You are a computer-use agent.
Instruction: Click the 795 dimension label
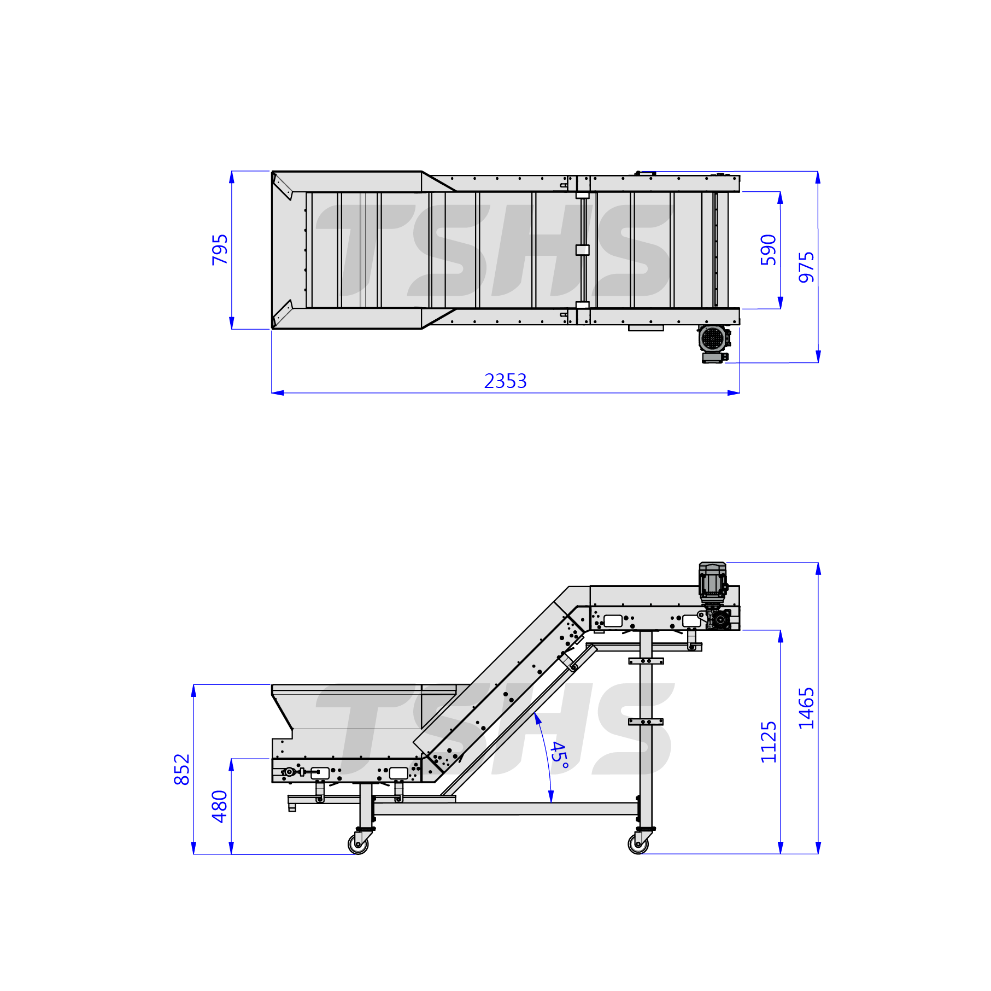pyautogui.click(x=220, y=250)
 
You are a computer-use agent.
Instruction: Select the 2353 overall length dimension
pyautogui.click(x=506, y=381)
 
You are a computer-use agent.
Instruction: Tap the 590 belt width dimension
pyautogui.click(x=769, y=250)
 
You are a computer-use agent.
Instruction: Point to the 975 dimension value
pyautogui.click(x=806, y=267)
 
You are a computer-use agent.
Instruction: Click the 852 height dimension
pyautogui.click(x=181, y=770)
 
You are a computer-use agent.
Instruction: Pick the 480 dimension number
pyautogui.click(x=220, y=806)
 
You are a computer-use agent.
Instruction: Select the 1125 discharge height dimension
pyautogui.click(x=769, y=742)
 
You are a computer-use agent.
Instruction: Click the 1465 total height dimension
pyautogui.click(x=806, y=708)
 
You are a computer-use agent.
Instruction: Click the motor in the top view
pyautogui.click(x=713, y=343)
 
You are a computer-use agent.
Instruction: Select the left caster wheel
pyautogui.click(x=358, y=844)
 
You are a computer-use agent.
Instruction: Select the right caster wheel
pyautogui.click(x=638, y=844)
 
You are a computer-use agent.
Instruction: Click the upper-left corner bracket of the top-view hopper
pyautogui.click(x=283, y=186)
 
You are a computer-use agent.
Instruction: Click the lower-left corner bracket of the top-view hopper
pyautogui.click(x=283, y=313)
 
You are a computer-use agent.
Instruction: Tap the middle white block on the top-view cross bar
pyautogui.click(x=582, y=250)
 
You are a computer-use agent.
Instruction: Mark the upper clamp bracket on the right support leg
pyautogui.click(x=646, y=661)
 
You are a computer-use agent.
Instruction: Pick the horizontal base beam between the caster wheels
pyautogui.click(x=506, y=808)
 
